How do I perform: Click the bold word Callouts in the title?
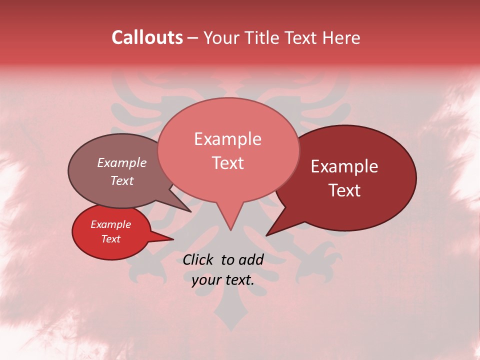coord(147,37)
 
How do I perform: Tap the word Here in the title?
coord(341,37)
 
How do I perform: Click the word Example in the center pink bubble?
coord(227,139)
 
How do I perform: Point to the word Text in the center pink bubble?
coord(227,163)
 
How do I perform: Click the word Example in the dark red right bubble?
coord(344,166)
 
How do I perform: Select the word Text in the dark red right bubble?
coord(344,190)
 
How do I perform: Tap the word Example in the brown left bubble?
coord(121,163)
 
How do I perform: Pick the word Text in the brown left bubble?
coord(121,181)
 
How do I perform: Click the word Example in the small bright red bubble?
coord(110,224)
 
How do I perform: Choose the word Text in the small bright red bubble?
coord(110,239)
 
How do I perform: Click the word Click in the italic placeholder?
coord(198,259)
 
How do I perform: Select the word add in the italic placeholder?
coord(250,259)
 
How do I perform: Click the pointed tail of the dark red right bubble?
coord(267,235)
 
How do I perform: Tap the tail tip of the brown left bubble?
coord(190,211)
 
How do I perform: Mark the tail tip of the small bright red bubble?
coord(173,239)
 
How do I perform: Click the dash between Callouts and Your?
coord(193,38)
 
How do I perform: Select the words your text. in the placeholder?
coord(223,280)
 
